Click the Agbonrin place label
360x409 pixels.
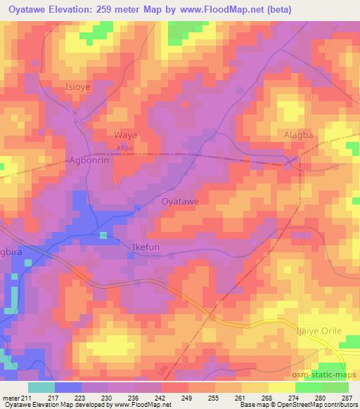88,160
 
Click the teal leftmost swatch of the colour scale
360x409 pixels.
41,387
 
